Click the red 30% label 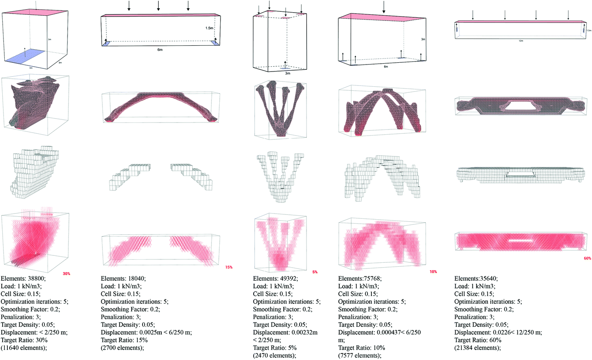[x=66, y=273]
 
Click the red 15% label [x=228, y=267]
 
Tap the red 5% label [x=315, y=272]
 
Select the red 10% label [x=433, y=271]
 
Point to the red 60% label [x=587, y=258]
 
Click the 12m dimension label [x=521, y=41]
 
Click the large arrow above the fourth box [x=384, y=7]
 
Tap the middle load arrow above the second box [x=158, y=6]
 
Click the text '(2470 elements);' [x=274, y=356]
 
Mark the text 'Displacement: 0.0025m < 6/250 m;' [x=146, y=332]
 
